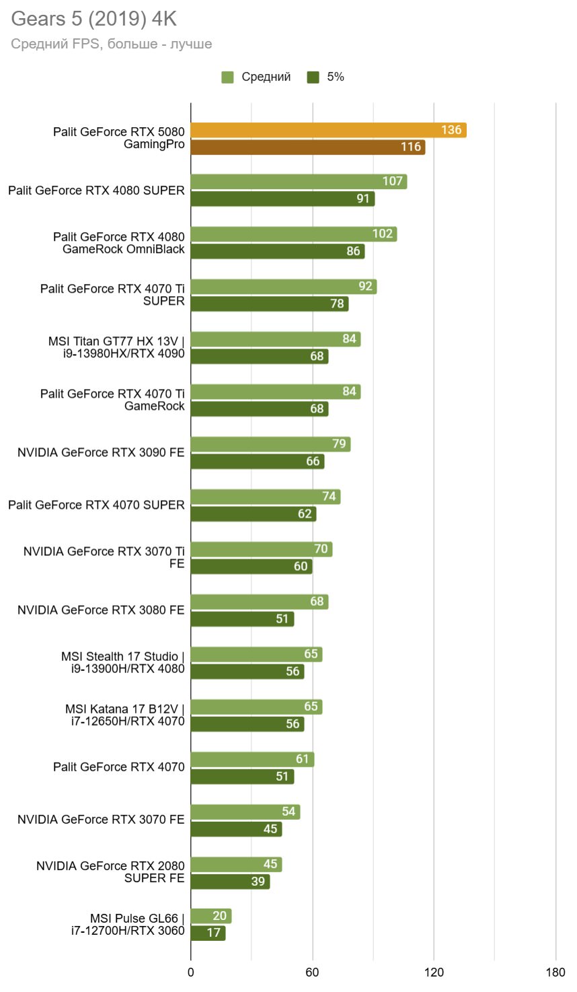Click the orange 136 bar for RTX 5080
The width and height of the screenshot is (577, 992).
328,130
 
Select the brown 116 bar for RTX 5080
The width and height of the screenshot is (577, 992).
307,147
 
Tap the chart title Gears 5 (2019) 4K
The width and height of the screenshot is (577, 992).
93,19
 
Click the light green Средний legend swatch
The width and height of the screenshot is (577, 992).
227,77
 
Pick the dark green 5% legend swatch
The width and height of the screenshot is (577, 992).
313,77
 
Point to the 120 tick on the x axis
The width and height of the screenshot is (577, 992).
434,972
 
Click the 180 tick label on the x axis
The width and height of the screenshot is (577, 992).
555,972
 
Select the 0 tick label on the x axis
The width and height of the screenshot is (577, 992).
191,972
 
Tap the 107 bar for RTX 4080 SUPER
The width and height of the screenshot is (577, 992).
299,181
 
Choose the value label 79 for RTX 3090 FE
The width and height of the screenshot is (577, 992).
339,444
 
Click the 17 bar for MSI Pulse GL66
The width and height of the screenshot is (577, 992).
208,933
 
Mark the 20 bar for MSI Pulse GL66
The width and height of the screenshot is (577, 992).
210,916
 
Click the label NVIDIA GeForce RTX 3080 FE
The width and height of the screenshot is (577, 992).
101,610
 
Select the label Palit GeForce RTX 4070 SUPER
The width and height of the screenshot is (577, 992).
96,505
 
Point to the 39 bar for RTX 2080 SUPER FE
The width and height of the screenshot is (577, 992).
230,882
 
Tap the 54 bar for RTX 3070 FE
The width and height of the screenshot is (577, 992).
245,812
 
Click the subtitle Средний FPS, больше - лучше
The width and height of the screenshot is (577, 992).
112,44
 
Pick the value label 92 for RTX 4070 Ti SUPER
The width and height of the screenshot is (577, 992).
365,286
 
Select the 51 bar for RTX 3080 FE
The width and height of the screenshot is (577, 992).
242,619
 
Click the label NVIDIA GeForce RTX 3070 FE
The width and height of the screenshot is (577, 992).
101,820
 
